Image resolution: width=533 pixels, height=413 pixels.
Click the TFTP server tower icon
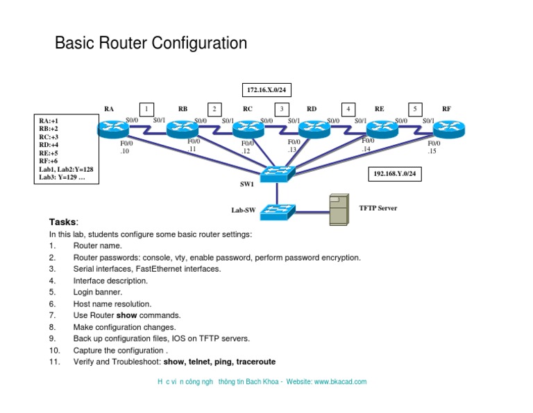[338, 210]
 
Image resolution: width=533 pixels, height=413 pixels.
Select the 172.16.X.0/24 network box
[264, 90]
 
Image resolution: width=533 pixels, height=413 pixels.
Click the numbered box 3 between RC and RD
[281, 109]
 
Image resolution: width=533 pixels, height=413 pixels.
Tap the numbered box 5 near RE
[415, 109]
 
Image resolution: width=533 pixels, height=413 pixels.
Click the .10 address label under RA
[125, 150]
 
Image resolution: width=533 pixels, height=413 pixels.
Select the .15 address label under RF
[432, 150]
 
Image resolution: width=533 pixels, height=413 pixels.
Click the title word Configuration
[203, 44]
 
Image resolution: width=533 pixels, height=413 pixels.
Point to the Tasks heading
[64, 222]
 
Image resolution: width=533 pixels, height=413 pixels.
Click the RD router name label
[312, 109]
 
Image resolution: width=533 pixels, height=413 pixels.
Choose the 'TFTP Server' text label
[378, 207]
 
